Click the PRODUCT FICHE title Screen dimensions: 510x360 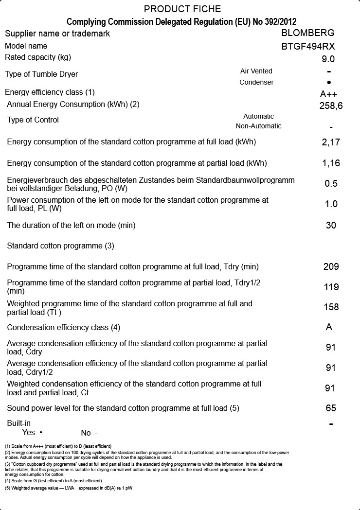pyautogui.click(x=182, y=9)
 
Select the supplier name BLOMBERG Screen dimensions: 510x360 pyautogui.click(x=308, y=33)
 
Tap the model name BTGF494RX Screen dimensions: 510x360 pyautogui.click(x=308, y=47)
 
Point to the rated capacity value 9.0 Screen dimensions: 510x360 pyautogui.click(x=328, y=59)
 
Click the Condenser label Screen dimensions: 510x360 pyautogui.click(x=256, y=82)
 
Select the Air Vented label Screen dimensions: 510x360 pyautogui.click(x=256, y=71)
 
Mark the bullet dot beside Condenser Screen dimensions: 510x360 pyautogui.click(x=329, y=83)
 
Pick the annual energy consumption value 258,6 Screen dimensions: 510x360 pyautogui.click(x=331, y=106)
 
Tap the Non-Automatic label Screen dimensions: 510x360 pyautogui.click(x=258, y=126)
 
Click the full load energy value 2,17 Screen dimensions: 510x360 pyautogui.click(x=331, y=142)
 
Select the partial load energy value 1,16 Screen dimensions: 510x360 pyautogui.click(x=331, y=163)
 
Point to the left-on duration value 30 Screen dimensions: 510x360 pyautogui.click(x=331, y=226)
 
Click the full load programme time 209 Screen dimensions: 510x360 pyautogui.click(x=331, y=267)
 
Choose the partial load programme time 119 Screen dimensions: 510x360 pyautogui.click(x=331, y=287)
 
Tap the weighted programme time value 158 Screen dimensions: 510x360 pyautogui.click(x=331, y=307)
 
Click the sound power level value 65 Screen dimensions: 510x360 pyautogui.click(x=331, y=408)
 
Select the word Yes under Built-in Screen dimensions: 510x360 pyautogui.click(x=29, y=432)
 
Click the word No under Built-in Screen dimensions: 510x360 pyautogui.click(x=86, y=433)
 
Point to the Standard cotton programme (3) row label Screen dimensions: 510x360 pyautogui.click(x=60, y=246)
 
